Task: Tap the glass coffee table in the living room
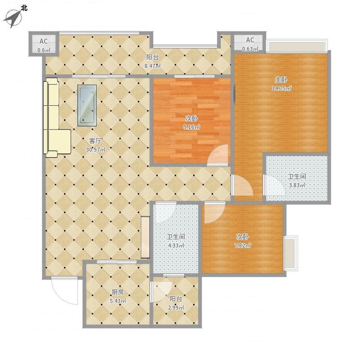(x=87, y=105)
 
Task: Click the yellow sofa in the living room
(x=55, y=118)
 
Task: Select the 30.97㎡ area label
(x=96, y=150)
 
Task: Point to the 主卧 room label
(x=281, y=80)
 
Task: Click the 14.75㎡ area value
(x=282, y=88)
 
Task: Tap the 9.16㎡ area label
(x=192, y=127)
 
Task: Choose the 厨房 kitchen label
(x=118, y=292)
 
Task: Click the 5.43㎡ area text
(x=118, y=301)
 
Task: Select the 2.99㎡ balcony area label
(x=176, y=308)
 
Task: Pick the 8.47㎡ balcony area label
(x=153, y=66)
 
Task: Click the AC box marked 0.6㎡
(x=43, y=44)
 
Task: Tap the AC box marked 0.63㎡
(x=250, y=43)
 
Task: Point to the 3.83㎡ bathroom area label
(x=297, y=185)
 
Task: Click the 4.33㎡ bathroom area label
(x=176, y=245)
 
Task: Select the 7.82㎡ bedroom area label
(x=243, y=245)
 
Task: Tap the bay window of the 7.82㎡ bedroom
(x=291, y=253)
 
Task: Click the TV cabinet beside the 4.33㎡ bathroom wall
(x=145, y=238)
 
